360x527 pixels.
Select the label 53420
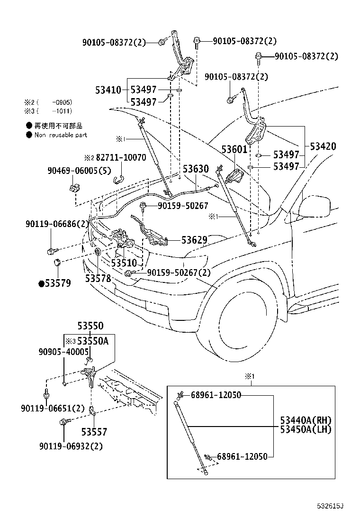(x=323, y=146)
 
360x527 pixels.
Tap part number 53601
(x=234, y=150)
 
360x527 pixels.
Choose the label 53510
(x=124, y=263)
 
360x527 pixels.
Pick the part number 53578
(x=98, y=278)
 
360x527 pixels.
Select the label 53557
(x=94, y=432)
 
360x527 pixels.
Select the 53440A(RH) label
(x=306, y=420)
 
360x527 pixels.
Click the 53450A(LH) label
(x=306, y=429)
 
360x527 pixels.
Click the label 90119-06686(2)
(x=56, y=224)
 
